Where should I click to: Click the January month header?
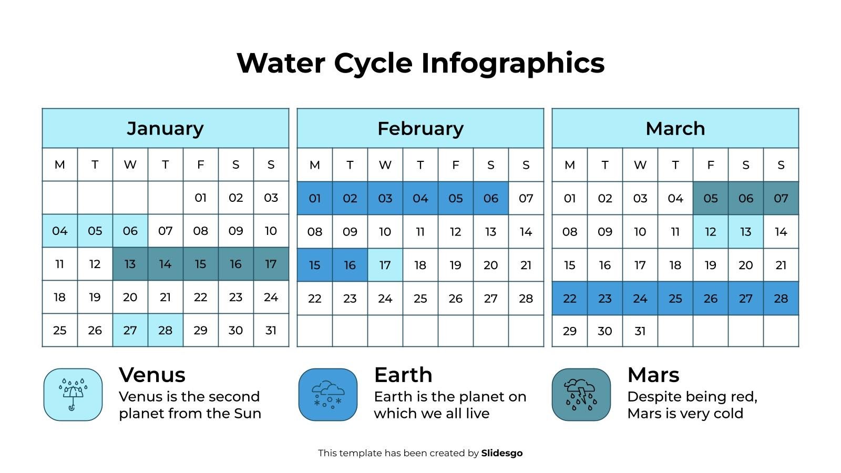coord(165,128)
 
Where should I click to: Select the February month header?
coord(420,128)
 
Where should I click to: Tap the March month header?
coord(675,128)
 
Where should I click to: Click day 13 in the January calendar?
coord(130,264)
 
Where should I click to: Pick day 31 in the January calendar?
coord(271,330)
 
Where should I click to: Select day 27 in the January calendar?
coord(130,330)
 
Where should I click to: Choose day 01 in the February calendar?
coord(314,198)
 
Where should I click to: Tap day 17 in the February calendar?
coord(385,265)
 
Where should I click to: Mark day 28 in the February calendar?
coord(526,299)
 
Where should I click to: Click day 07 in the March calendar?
coord(781,198)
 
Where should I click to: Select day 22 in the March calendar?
coord(569,299)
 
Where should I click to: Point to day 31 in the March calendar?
coord(640,331)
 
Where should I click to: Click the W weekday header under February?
coord(385,165)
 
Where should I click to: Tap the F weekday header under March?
coord(710,165)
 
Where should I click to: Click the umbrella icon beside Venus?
coord(73,395)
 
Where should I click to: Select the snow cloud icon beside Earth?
coord(327,395)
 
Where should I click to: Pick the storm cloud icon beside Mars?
coord(581,395)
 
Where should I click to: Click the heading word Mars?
coord(653,375)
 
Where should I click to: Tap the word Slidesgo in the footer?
coord(501,453)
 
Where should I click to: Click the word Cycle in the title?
coord(373,63)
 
